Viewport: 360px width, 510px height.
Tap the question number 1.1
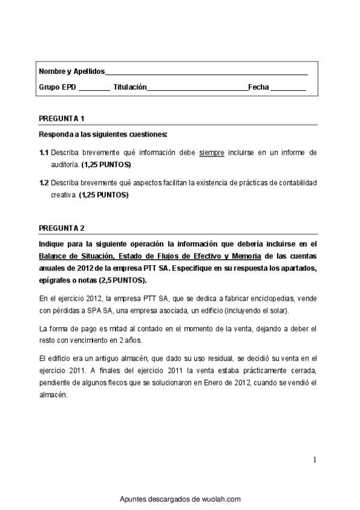44,153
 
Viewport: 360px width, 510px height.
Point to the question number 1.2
44,182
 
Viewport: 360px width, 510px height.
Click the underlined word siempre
211,153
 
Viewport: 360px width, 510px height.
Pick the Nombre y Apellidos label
72,71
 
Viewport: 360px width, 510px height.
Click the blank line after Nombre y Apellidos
206,72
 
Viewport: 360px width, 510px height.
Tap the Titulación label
130,87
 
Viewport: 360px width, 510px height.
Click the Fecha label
258,87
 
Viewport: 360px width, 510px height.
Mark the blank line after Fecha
288,88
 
